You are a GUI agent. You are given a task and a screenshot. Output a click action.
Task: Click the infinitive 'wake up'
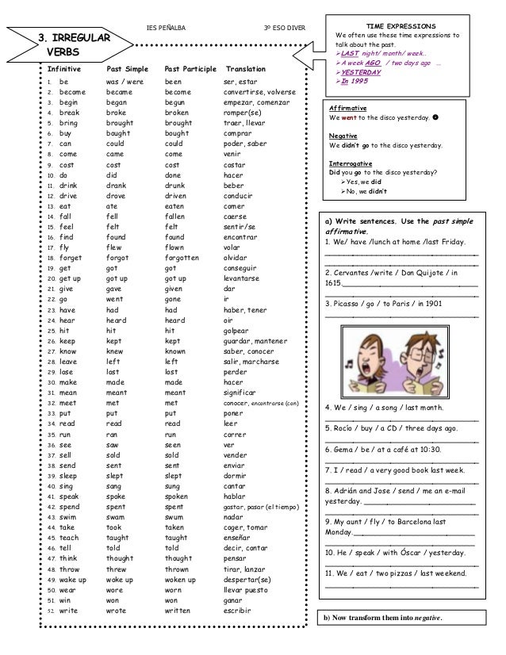pyautogui.click(x=74, y=580)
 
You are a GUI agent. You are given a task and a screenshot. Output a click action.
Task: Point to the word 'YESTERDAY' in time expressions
pyautogui.click(x=362, y=72)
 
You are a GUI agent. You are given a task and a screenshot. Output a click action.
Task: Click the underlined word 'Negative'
pyautogui.click(x=343, y=136)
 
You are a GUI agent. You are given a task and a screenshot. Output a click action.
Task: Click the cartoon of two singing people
pyautogui.click(x=401, y=359)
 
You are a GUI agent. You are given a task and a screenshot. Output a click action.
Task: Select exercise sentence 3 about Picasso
pyautogui.click(x=384, y=303)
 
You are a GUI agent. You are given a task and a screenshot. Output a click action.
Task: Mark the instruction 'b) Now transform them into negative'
pyautogui.click(x=384, y=618)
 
